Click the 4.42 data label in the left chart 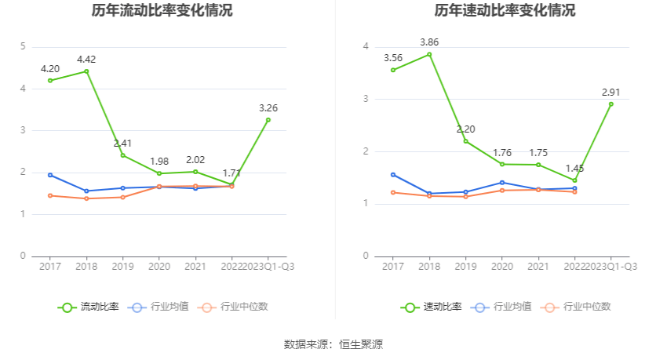click(86, 60)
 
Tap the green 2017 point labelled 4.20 click(50, 81)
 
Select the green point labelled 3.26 click(268, 120)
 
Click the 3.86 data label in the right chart click(429, 42)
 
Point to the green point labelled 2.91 click(611, 104)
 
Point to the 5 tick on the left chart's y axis click(23, 47)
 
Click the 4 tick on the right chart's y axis click(366, 47)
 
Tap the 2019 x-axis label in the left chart click(122, 267)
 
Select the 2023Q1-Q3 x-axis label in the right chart click(611, 267)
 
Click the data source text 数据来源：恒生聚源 click(333, 344)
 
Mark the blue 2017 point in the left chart click(50, 175)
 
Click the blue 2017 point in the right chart click(393, 175)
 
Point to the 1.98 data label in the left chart click(159, 162)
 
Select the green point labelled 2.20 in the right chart click(465, 141)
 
